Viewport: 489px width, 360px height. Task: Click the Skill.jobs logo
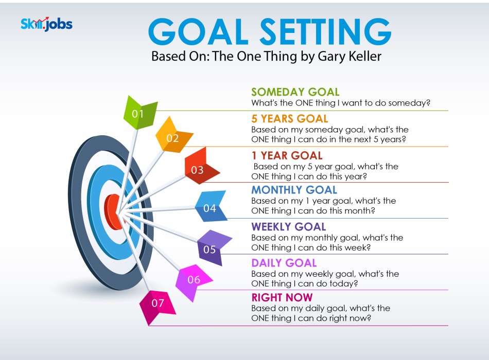click(x=46, y=24)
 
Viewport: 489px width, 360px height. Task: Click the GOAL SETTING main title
click(x=270, y=31)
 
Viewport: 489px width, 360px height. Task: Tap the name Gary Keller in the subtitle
click(x=350, y=57)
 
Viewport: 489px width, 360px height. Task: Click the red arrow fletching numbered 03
click(x=201, y=166)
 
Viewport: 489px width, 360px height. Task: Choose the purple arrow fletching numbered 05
click(x=214, y=247)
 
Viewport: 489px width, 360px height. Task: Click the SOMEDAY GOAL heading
click(x=295, y=92)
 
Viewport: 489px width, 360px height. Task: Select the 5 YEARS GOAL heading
click(x=290, y=119)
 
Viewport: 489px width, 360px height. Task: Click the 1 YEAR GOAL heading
click(x=287, y=155)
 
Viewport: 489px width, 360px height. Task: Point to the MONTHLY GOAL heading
click(x=294, y=190)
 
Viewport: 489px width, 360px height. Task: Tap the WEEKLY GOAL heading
click(x=289, y=227)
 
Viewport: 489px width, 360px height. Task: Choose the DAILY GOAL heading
click(x=284, y=263)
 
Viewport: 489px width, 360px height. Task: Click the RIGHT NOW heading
click(x=282, y=298)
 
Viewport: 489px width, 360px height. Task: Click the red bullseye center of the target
click(x=113, y=212)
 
